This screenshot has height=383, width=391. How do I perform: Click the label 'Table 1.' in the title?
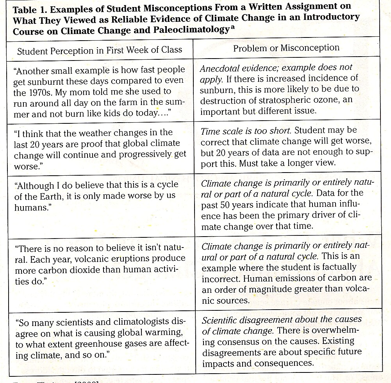point(28,8)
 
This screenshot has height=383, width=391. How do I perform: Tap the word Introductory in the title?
point(330,18)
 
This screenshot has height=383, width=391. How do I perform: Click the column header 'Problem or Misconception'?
point(286,48)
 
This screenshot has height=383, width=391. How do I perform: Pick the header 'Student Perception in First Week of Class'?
point(100,50)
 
